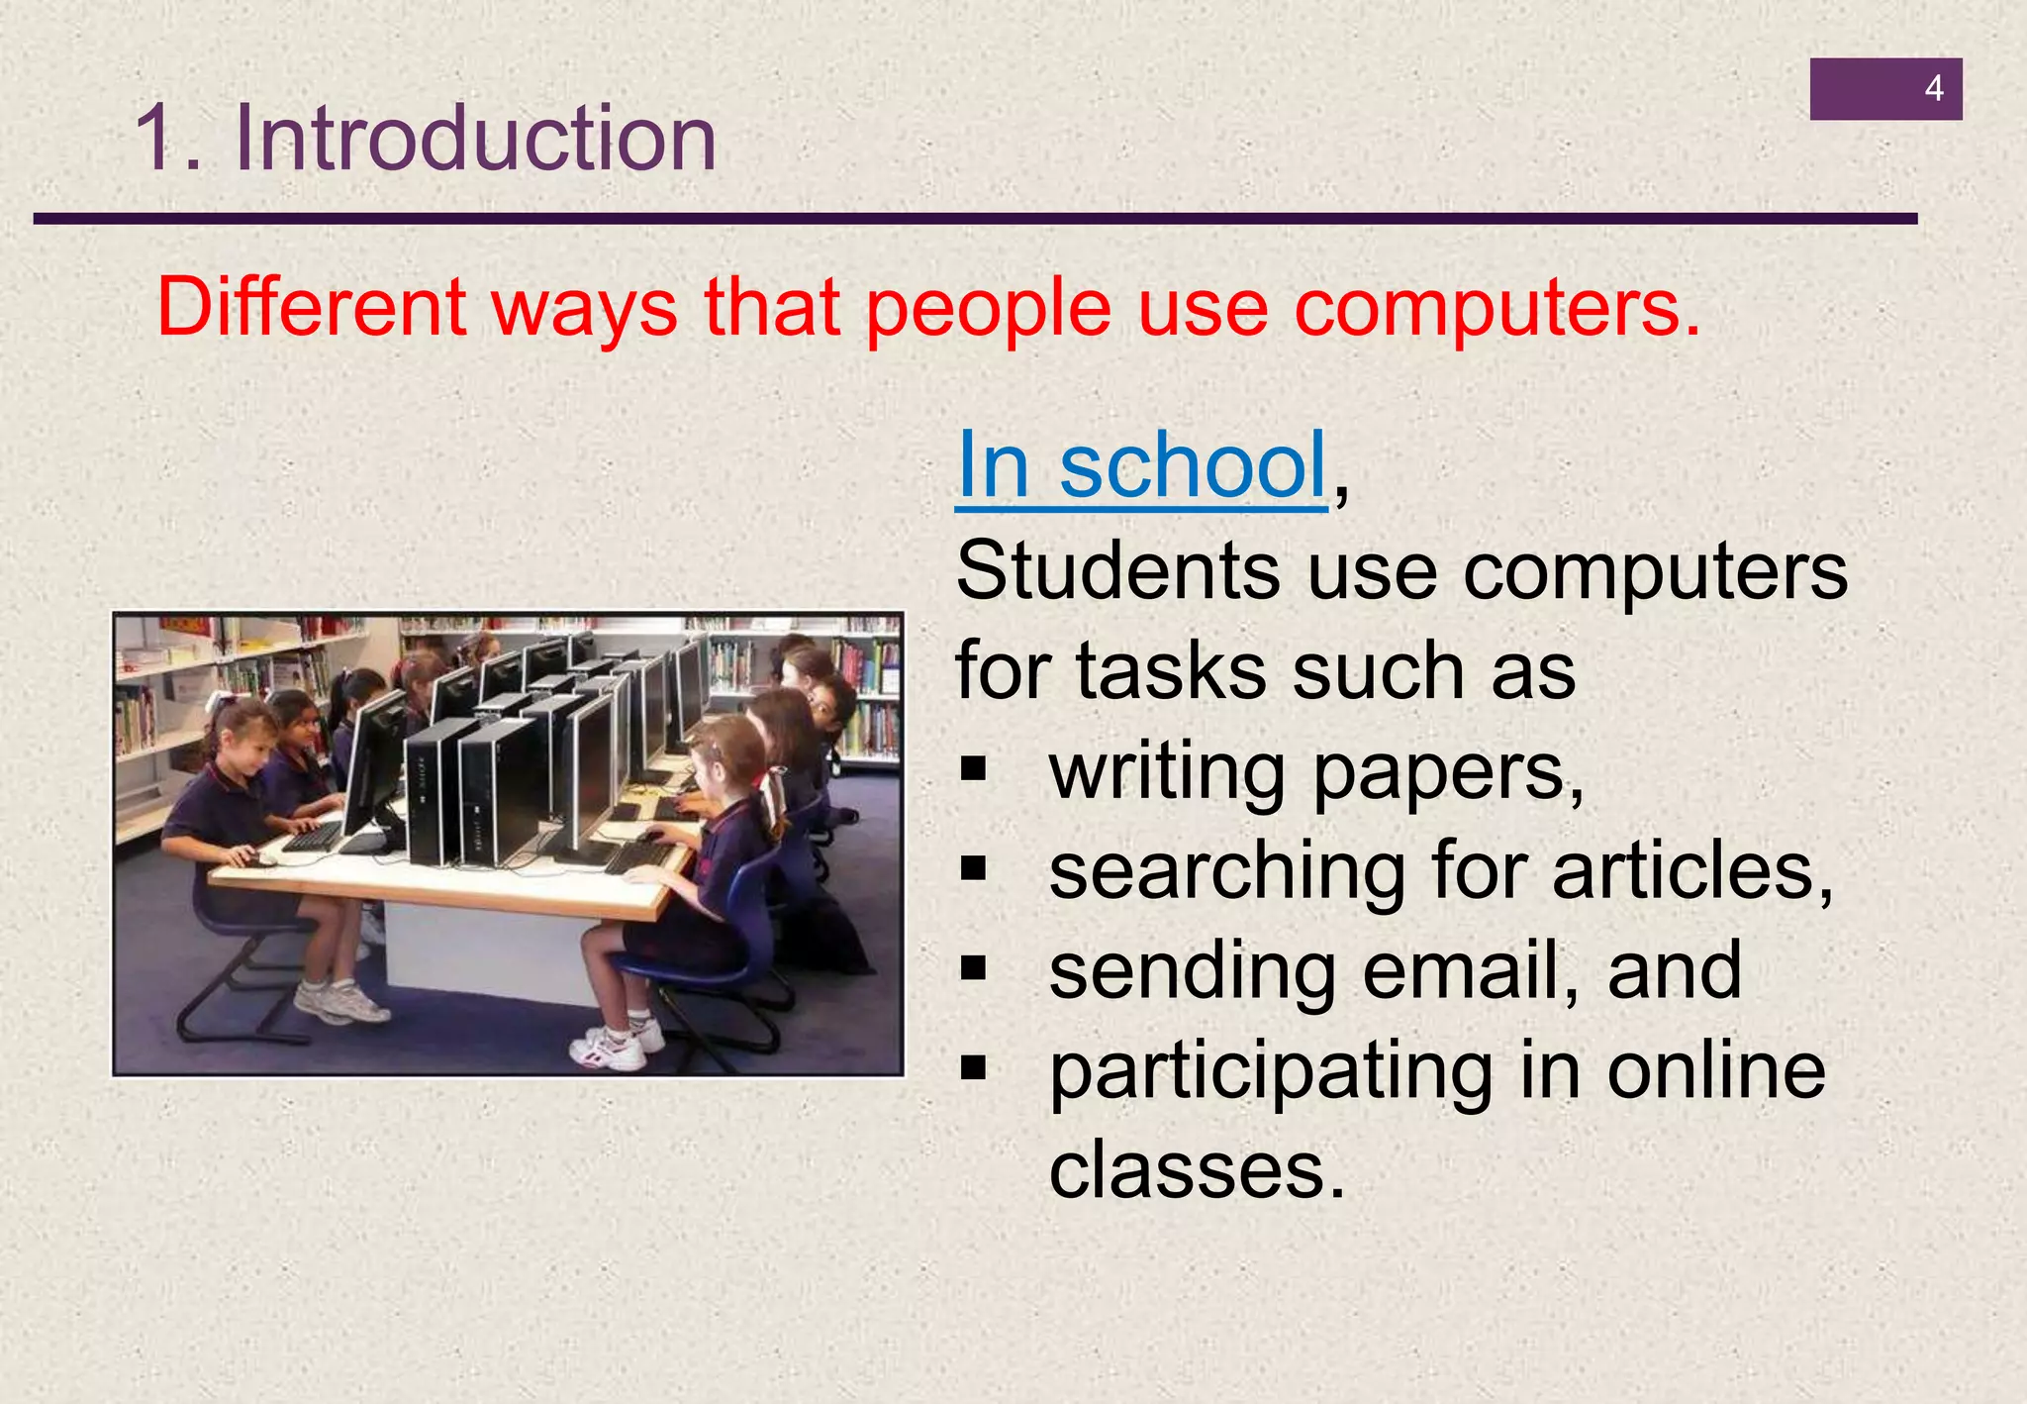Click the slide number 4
coord(1933,89)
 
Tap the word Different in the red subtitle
coord(311,308)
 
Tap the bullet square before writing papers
coord(974,769)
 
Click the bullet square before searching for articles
coord(974,869)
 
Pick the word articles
coord(1692,871)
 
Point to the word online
coord(1715,1071)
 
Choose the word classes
coord(1197,1171)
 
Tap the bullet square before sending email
coord(974,969)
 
